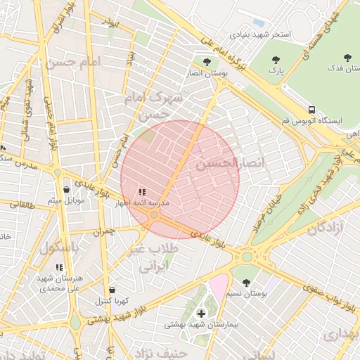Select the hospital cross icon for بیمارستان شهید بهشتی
tap(202, 313)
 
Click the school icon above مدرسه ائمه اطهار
tap(142, 191)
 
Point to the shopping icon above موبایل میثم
tap(67, 189)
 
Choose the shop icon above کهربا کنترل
tap(112, 290)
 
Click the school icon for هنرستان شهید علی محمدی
tap(59, 267)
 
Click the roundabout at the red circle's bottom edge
tap(154, 225)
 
